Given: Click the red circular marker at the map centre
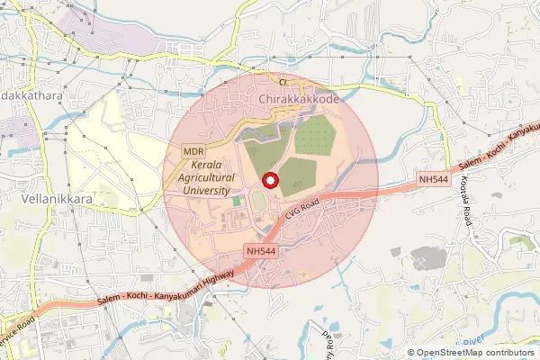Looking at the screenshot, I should [x=269, y=179].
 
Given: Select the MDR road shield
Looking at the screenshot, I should [x=193, y=152].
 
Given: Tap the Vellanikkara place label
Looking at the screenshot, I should [x=57, y=198].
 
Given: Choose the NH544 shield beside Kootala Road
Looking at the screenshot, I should [x=433, y=180].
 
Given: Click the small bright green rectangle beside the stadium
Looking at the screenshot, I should [x=237, y=202].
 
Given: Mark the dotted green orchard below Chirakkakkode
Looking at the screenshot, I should [x=315, y=135].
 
